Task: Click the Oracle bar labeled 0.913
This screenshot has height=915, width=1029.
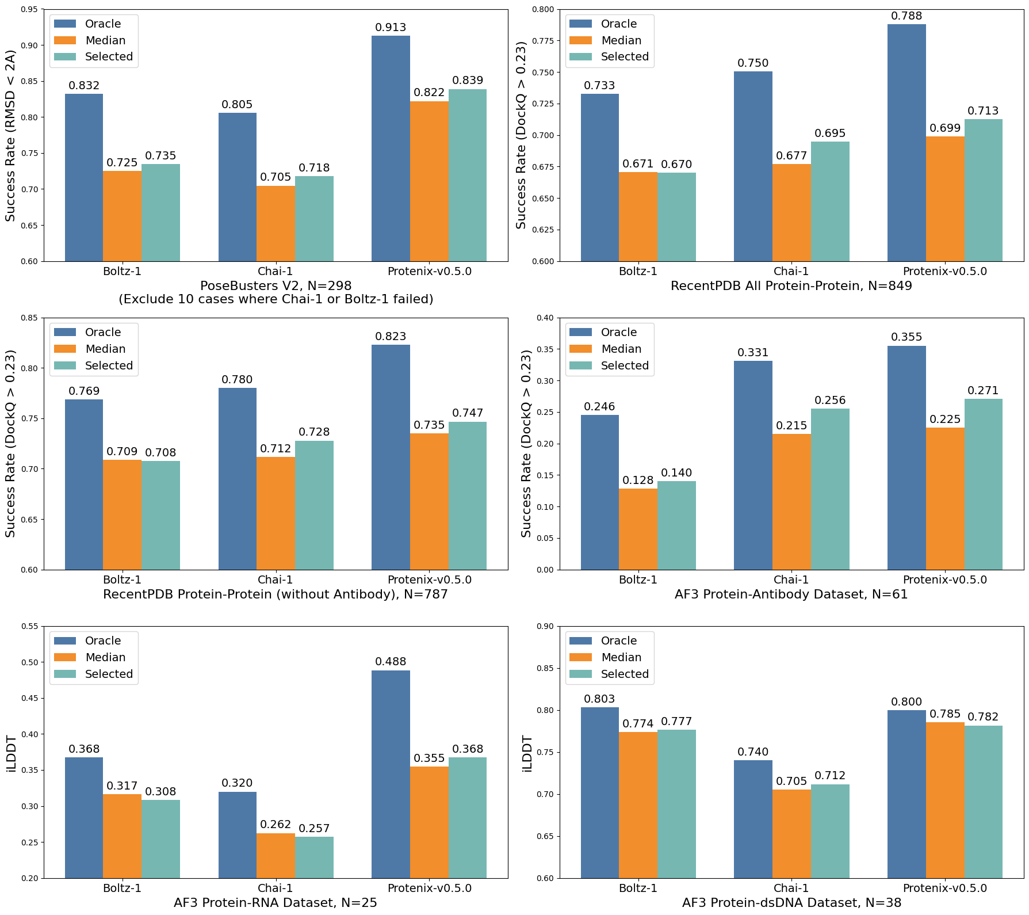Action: pos(391,148)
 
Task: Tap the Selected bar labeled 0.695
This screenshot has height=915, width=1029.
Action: pos(830,201)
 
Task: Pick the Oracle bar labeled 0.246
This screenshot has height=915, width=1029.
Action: pos(600,492)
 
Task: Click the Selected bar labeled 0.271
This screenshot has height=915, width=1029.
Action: pos(984,484)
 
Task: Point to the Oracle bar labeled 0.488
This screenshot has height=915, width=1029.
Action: pos(391,774)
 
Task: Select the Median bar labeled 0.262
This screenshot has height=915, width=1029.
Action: pos(276,856)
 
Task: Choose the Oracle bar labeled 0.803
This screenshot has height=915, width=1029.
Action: pos(600,792)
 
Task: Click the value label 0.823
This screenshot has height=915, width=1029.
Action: pos(391,336)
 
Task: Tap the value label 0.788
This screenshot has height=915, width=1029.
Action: pos(906,16)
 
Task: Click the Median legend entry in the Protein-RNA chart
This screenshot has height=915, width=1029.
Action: pos(105,657)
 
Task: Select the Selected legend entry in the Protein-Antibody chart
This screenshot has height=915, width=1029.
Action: pos(624,365)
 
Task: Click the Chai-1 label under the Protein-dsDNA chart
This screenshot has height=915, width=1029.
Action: pos(791,888)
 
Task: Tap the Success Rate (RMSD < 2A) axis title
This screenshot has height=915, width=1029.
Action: pos(10,135)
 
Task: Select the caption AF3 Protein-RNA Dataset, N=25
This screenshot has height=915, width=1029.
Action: pos(276,902)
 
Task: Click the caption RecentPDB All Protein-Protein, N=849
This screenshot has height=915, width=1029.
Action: pos(791,285)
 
